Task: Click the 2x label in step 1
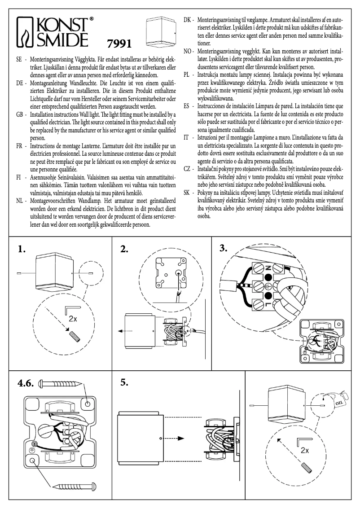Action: (72, 320)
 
